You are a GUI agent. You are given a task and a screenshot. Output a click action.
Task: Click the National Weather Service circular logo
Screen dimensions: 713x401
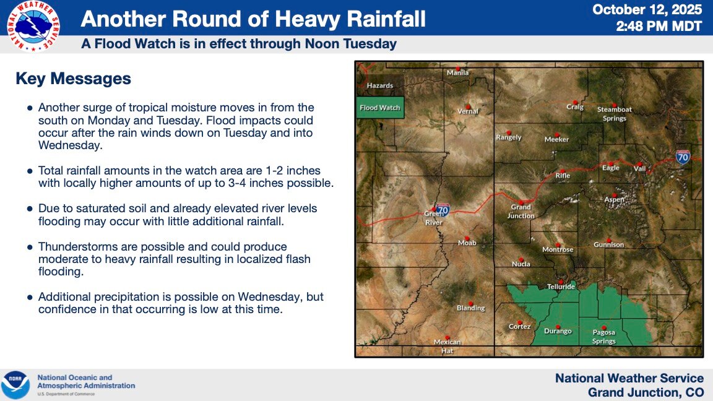pos(33,26)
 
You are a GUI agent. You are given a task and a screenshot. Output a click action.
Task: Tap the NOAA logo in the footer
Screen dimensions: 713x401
pos(15,385)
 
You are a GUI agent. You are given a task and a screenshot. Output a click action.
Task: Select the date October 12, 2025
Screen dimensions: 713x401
pos(647,9)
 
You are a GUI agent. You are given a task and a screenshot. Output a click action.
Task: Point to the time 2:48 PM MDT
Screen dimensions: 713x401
pos(659,27)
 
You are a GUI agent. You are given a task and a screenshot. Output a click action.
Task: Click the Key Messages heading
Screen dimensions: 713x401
pos(73,79)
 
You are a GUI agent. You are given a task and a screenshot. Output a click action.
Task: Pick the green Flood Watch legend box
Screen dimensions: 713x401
pos(379,108)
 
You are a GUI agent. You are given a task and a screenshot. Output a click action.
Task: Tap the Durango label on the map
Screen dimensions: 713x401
pos(558,331)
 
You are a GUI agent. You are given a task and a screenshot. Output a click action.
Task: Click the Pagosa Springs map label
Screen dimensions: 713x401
pos(604,337)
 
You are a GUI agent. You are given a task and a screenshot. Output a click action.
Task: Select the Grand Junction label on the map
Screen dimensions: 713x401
pos(521,212)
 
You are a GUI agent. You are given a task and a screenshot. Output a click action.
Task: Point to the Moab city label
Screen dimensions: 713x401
pos(467,243)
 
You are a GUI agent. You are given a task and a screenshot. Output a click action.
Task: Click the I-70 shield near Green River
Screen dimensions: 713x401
pos(443,210)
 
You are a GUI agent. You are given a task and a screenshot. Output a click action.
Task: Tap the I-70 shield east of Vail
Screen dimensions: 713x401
pos(683,157)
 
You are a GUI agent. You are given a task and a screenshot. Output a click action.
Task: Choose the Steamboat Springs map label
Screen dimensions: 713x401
pos(615,114)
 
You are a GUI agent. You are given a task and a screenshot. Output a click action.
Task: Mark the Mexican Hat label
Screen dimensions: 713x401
pos(447,346)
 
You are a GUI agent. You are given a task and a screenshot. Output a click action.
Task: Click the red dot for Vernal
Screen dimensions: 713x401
pos(467,106)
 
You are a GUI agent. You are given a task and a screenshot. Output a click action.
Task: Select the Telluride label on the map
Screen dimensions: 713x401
pos(561,287)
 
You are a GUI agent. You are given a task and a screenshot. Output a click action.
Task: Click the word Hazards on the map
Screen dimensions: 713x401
pos(379,85)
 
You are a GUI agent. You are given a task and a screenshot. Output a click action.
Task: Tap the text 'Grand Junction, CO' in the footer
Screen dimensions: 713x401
pos(646,392)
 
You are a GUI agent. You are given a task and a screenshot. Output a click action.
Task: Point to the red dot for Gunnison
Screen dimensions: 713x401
pos(608,239)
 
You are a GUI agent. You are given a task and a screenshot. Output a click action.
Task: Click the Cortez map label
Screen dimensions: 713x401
pos(519,327)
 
